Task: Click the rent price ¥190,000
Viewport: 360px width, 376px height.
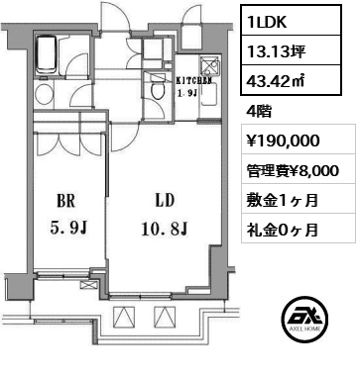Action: coord(283,141)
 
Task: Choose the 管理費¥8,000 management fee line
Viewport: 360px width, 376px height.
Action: coord(293,170)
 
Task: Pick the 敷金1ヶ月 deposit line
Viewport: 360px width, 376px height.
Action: coord(283,200)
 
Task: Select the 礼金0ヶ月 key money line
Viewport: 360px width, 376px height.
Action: coord(283,230)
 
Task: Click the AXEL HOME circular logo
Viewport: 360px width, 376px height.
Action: coord(305,319)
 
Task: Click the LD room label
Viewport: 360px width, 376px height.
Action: coord(165,200)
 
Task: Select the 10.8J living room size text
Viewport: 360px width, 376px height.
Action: coord(165,229)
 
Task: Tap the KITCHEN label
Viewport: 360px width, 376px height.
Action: coord(192,81)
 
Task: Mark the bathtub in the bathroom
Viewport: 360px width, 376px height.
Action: coord(47,55)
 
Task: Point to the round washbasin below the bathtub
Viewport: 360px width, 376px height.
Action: coord(44,94)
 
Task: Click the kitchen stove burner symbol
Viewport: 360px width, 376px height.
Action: coord(210,66)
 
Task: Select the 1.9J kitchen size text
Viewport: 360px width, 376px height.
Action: coord(187,93)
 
